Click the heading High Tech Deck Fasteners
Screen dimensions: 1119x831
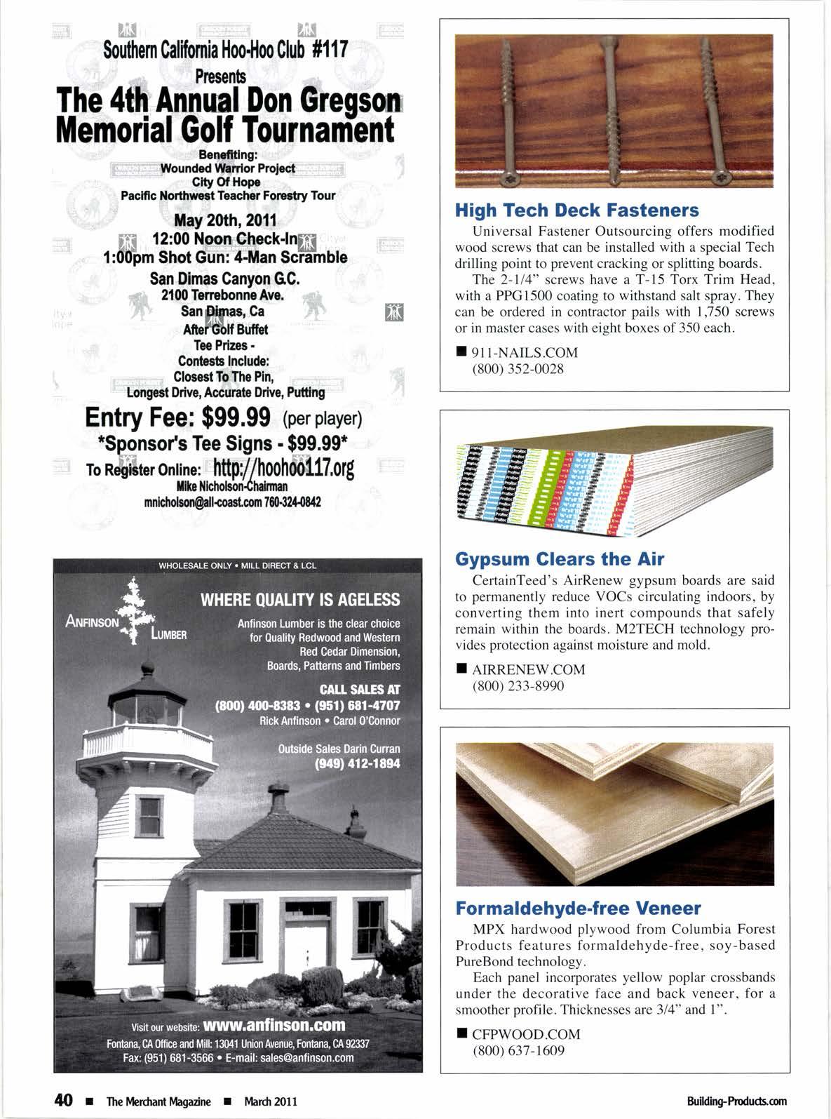[576, 210]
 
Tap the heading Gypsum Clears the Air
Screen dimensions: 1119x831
[560, 559]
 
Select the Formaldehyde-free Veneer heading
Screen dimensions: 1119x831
[578, 909]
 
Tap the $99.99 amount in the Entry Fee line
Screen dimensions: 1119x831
[236, 418]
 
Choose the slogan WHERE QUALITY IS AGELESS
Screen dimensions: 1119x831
[300, 600]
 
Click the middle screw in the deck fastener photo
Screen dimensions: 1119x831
[610, 105]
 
